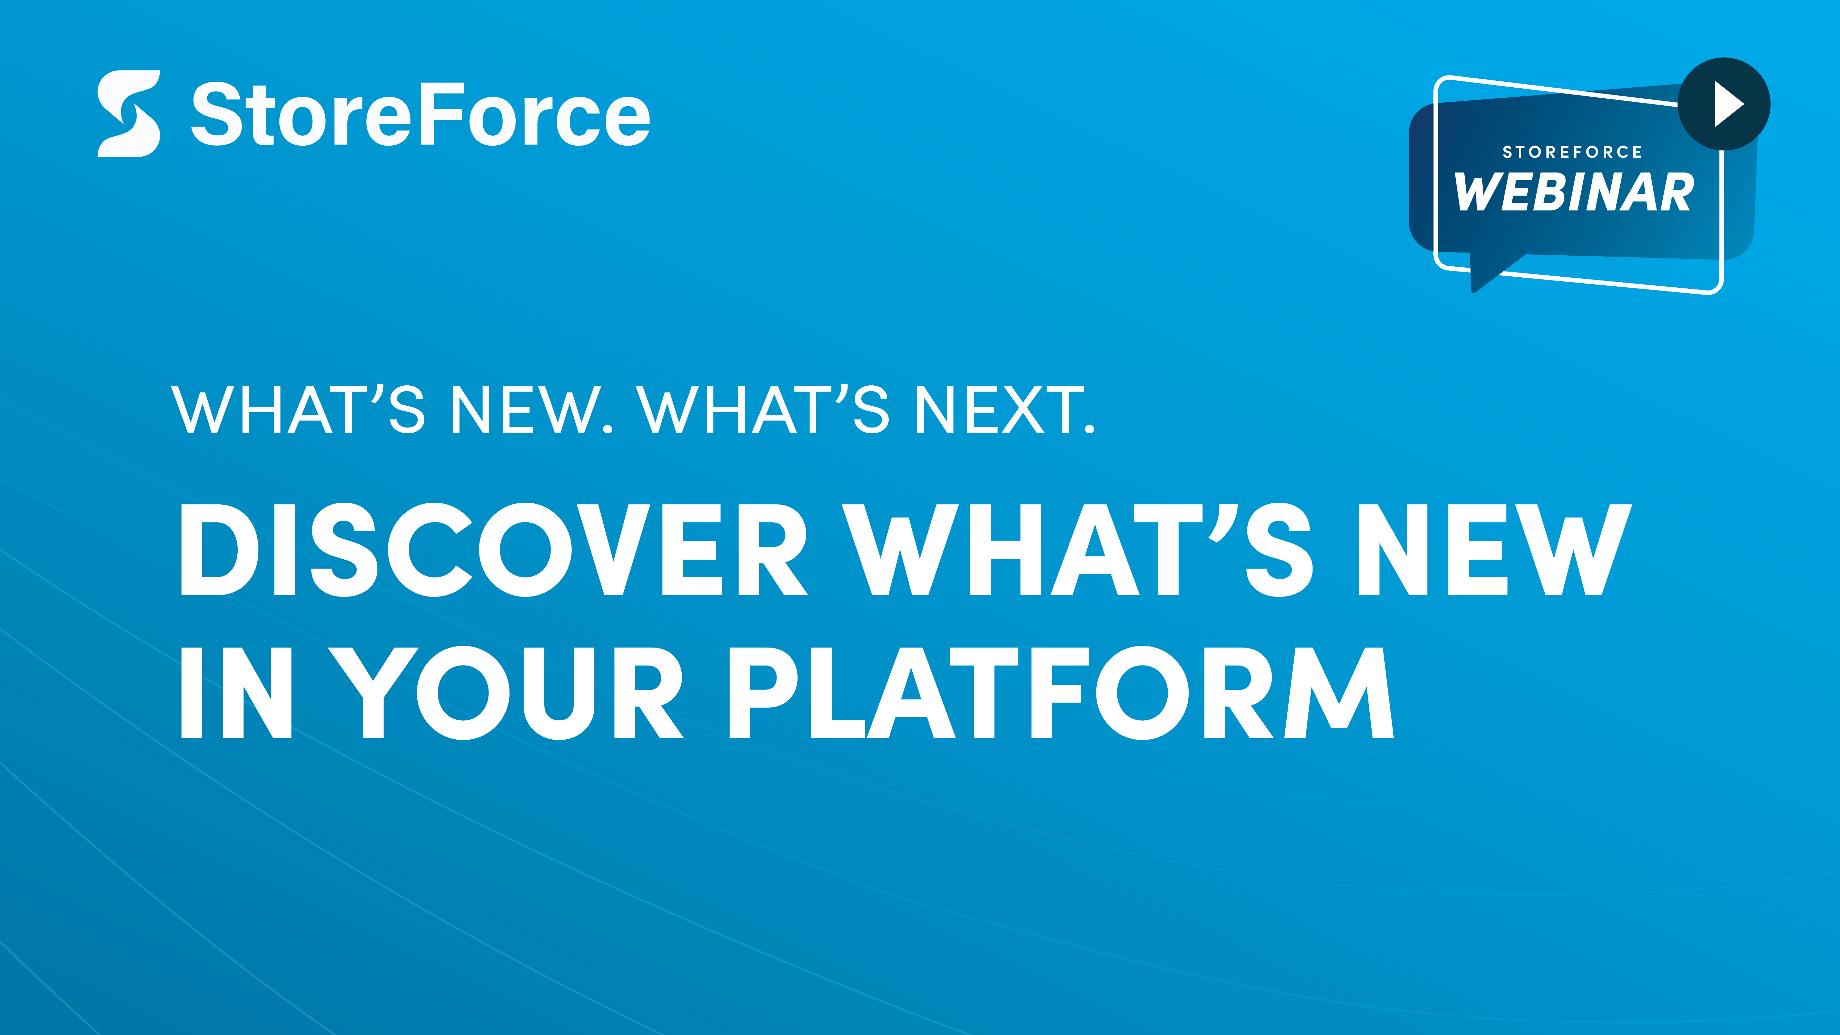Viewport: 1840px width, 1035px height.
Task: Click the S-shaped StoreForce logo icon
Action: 129,114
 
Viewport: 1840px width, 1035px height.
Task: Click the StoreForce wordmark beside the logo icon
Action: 421,114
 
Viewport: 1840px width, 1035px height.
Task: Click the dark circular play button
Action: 1723,103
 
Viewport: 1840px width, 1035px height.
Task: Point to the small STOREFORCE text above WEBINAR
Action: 1572,152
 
